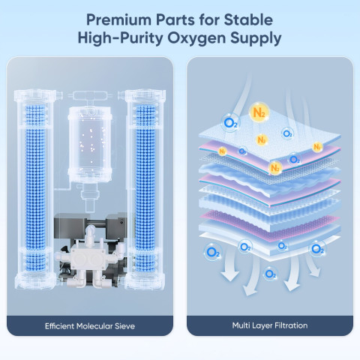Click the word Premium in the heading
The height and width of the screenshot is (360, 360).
click(x=118, y=19)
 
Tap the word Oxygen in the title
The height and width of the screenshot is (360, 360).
click(x=196, y=39)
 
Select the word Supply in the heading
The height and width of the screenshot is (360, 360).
click(x=256, y=39)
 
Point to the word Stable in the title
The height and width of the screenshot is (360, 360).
click(x=248, y=19)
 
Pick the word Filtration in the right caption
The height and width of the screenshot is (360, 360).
click(x=291, y=325)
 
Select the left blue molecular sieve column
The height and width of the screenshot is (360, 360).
click(x=35, y=187)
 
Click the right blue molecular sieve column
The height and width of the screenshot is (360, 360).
click(x=145, y=187)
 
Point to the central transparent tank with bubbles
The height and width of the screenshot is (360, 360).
click(x=90, y=145)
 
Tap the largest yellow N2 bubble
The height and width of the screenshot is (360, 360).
click(x=259, y=112)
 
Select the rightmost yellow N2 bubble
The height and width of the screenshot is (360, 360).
click(x=317, y=147)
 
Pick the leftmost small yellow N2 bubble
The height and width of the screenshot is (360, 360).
click(x=222, y=151)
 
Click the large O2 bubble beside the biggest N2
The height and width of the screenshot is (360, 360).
click(x=230, y=123)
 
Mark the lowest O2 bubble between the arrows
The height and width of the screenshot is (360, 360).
click(x=270, y=274)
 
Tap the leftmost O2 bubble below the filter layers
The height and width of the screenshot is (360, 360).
click(x=213, y=252)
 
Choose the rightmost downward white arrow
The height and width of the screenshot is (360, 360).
click(x=312, y=265)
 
